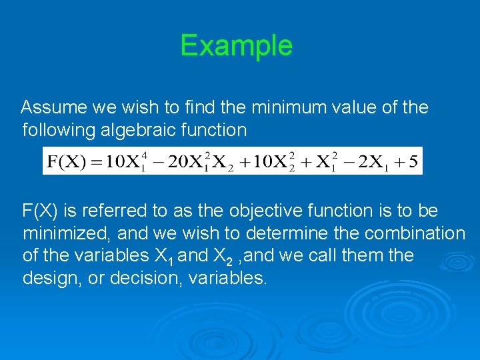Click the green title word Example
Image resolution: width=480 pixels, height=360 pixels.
236,45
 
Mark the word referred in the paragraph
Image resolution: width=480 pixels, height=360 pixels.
121,211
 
